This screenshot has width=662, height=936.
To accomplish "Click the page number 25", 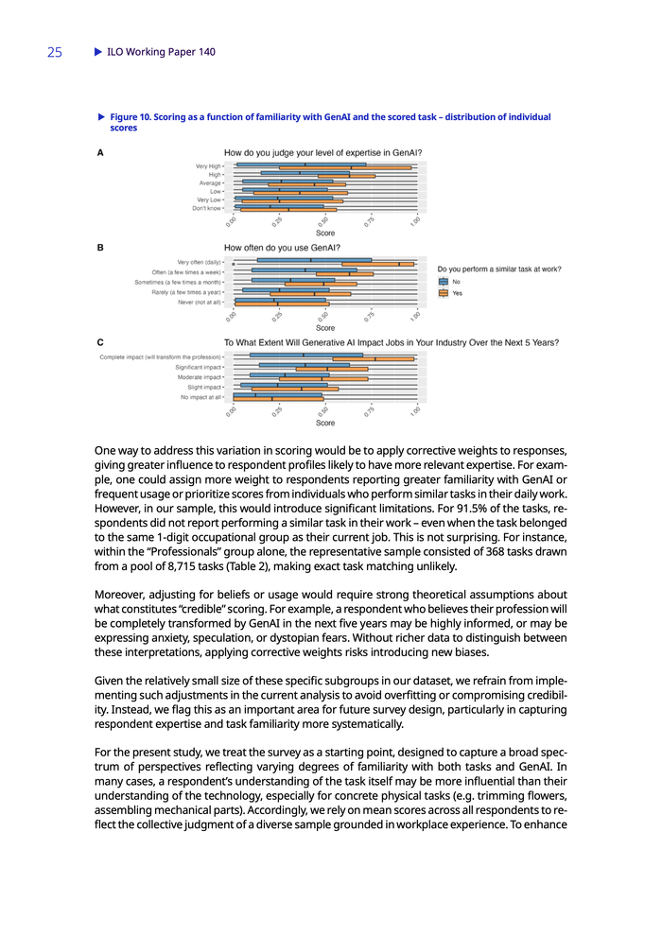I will click(x=54, y=53).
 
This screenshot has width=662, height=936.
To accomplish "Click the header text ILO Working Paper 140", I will click(x=161, y=52).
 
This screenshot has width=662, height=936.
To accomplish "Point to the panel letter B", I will click(x=101, y=248).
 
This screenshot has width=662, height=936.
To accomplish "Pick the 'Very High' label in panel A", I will click(x=208, y=165).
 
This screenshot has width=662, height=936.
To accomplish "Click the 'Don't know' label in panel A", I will click(x=206, y=208).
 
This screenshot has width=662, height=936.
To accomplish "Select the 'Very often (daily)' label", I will click(x=199, y=261).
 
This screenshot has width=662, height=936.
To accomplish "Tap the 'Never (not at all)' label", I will click(x=199, y=303).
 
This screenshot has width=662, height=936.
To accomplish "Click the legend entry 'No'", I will click(x=457, y=281).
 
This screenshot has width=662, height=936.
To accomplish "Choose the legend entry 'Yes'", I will click(x=458, y=293).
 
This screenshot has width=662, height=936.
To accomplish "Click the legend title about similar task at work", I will click(x=498, y=269).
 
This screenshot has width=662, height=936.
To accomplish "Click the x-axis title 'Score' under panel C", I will click(x=324, y=423).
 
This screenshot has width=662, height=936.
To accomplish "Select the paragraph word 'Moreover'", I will click(x=128, y=595).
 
